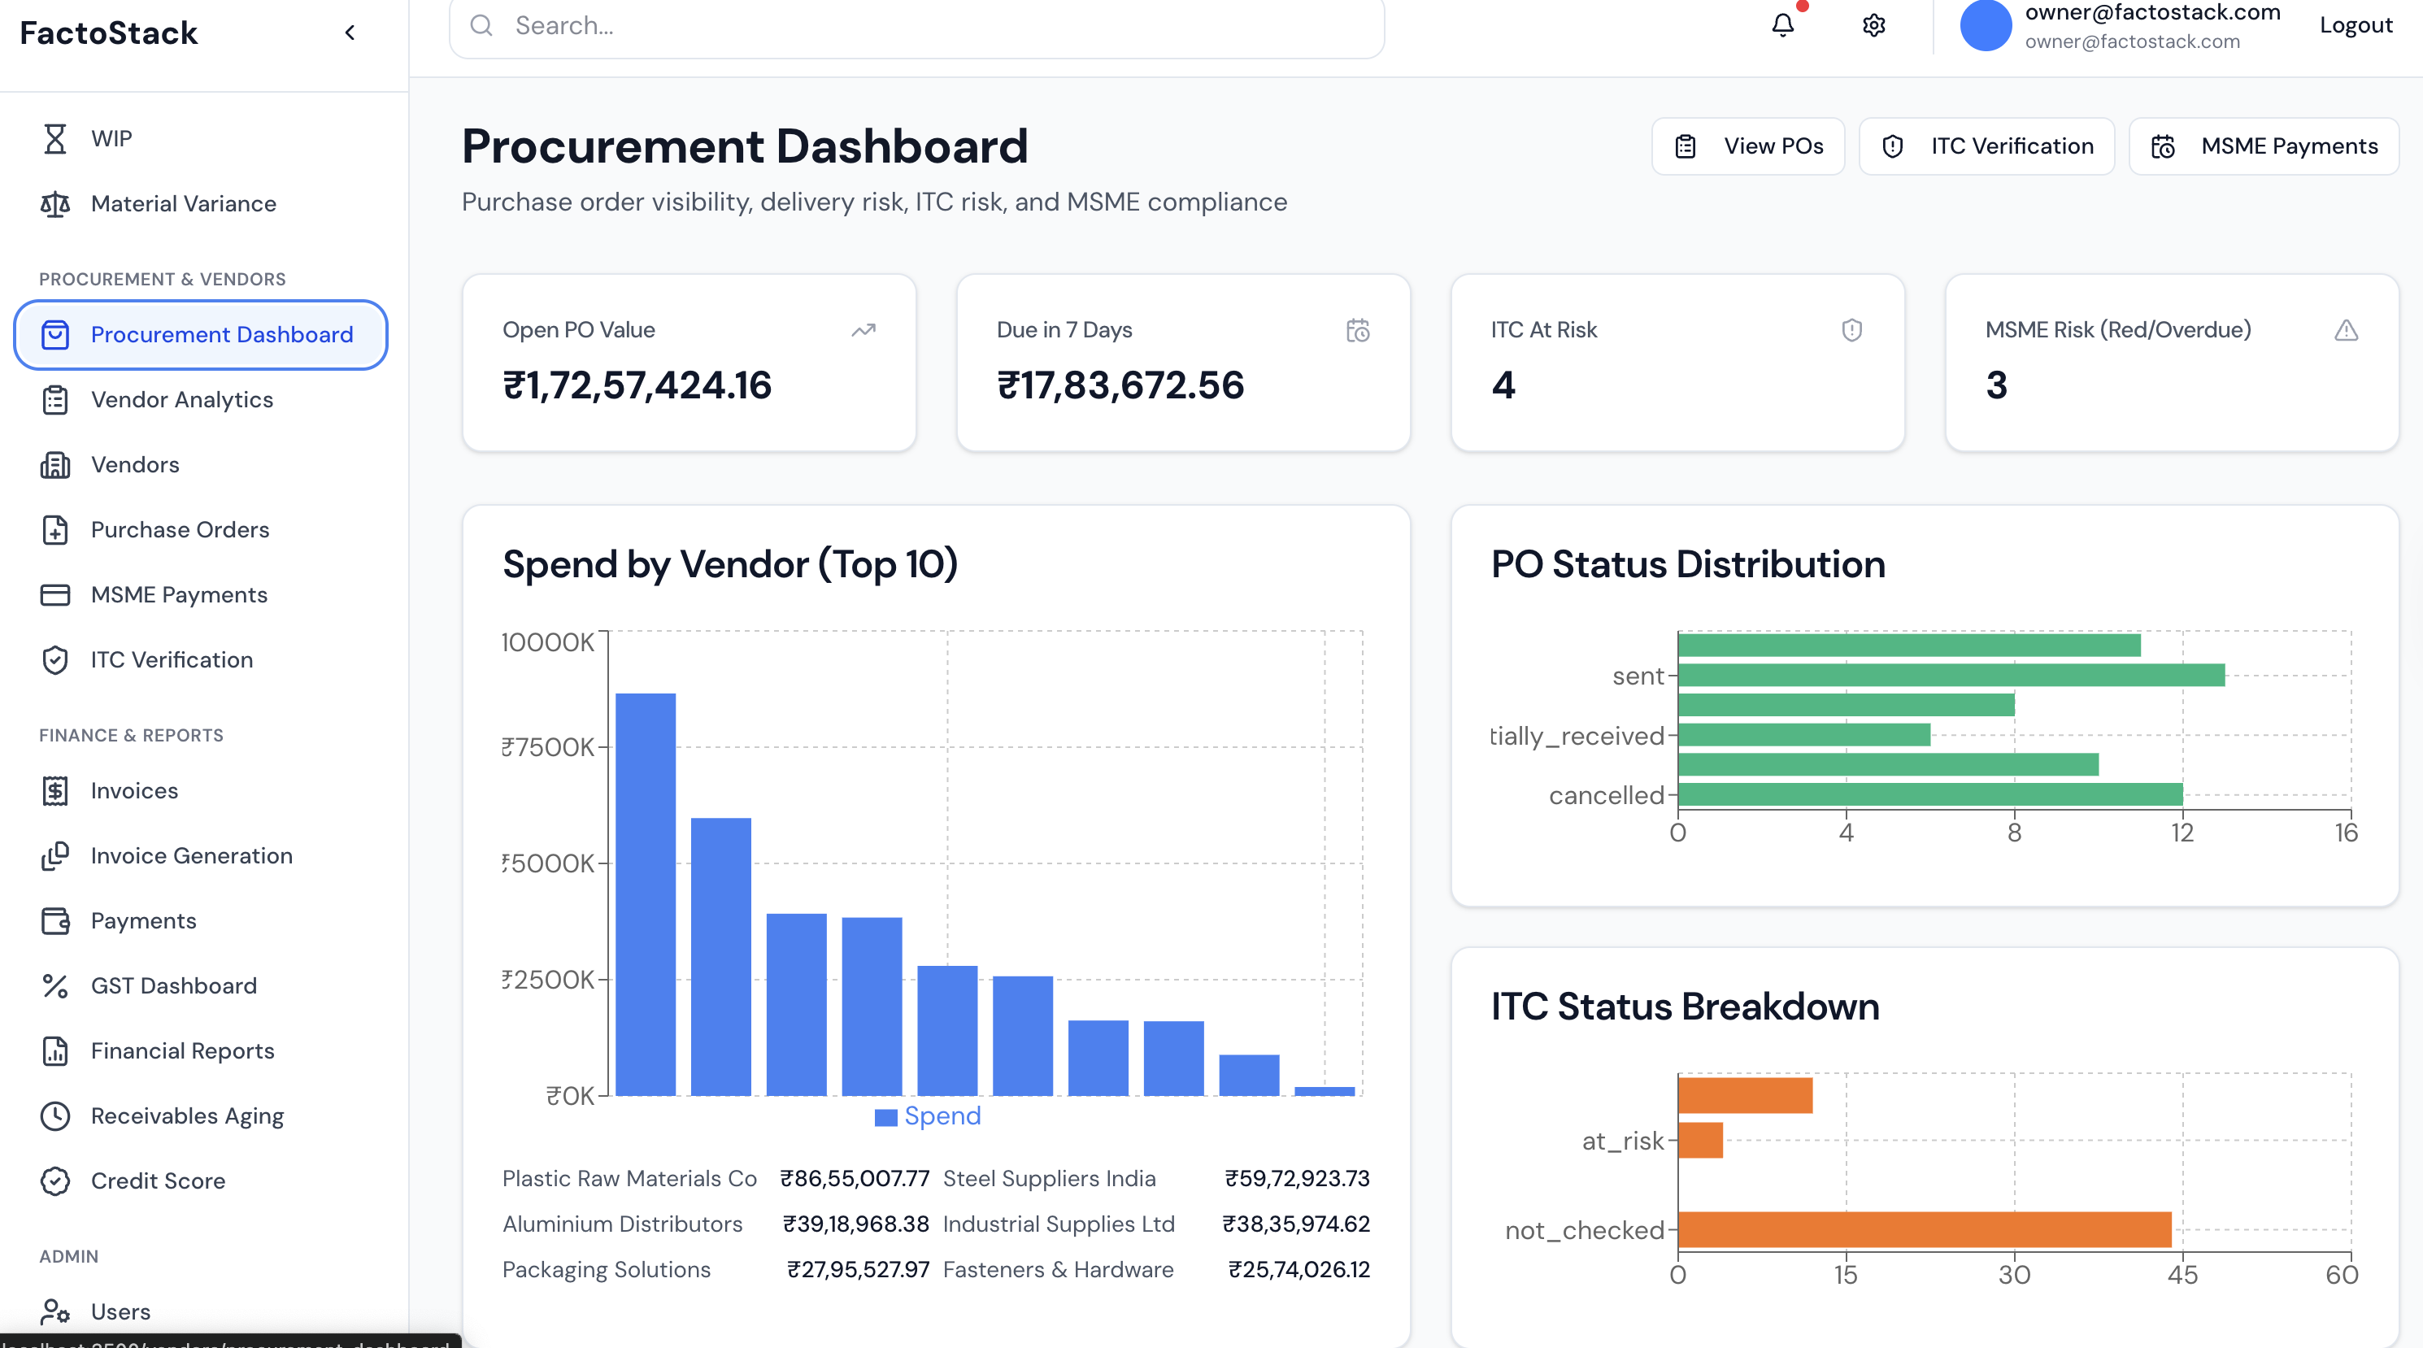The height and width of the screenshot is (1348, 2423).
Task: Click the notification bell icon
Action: [1782, 25]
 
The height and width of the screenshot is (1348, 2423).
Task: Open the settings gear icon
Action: [1873, 25]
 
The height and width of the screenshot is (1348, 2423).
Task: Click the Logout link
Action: [2356, 25]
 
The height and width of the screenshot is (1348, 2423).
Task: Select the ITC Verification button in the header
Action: [1986, 146]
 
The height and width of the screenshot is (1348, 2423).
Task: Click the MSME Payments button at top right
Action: [2263, 146]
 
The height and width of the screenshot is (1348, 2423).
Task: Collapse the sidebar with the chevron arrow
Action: [350, 33]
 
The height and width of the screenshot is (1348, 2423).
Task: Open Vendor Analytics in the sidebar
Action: [181, 400]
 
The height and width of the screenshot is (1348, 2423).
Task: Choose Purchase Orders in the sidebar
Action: [180, 529]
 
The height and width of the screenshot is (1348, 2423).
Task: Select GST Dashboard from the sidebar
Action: [173, 986]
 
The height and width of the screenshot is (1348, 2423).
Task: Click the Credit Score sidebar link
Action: [157, 1181]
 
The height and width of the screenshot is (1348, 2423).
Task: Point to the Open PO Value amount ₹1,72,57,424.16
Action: [637, 385]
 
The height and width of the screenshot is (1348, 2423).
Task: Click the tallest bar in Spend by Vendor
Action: [646, 894]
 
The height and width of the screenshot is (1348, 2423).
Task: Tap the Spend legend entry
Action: [929, 1116]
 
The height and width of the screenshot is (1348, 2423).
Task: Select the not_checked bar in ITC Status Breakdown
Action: [1924, 1229]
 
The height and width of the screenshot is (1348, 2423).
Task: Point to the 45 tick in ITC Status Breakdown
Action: [2182, 1276]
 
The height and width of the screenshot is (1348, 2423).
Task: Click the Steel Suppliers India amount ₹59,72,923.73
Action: [1296, 1179]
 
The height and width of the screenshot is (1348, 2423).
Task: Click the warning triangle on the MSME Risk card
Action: [2346, 330]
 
